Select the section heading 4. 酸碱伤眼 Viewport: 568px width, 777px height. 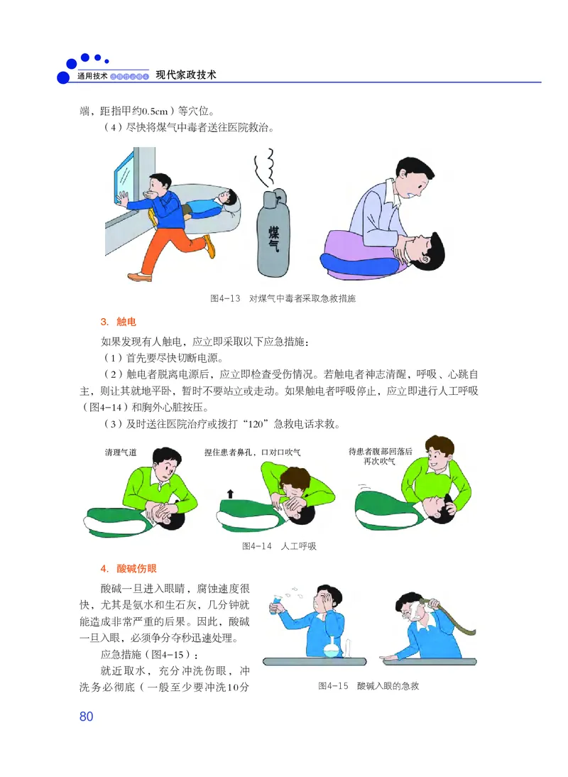pos(128,568)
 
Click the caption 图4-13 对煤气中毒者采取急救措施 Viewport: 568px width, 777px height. pos(283,299)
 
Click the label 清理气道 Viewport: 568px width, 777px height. pos(121,452)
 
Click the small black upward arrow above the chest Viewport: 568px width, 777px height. pos(230,493)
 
